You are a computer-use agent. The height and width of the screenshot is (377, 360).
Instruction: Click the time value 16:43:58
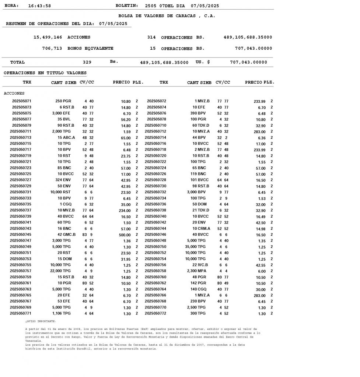(39, 6)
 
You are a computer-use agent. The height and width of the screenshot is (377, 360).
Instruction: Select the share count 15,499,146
(48, 37)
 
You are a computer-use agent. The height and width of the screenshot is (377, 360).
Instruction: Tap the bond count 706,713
(52, 48)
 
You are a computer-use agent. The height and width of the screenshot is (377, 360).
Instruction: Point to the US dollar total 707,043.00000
(248, 62)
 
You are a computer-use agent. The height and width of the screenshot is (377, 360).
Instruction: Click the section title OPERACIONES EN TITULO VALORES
(45, 73)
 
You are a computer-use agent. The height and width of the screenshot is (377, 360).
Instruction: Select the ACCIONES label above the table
(14, 94)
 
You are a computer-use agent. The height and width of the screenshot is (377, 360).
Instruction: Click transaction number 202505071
(22, 101)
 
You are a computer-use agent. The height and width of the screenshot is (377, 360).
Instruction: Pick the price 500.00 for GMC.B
(125, 235)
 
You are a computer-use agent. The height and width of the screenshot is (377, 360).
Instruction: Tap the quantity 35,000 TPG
(195, 247)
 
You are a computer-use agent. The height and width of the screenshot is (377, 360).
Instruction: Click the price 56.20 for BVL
(126, 119)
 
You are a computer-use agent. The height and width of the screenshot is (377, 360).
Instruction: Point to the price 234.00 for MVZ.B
(125, 211)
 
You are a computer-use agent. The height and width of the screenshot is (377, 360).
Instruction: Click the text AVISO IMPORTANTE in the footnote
(41, 321)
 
